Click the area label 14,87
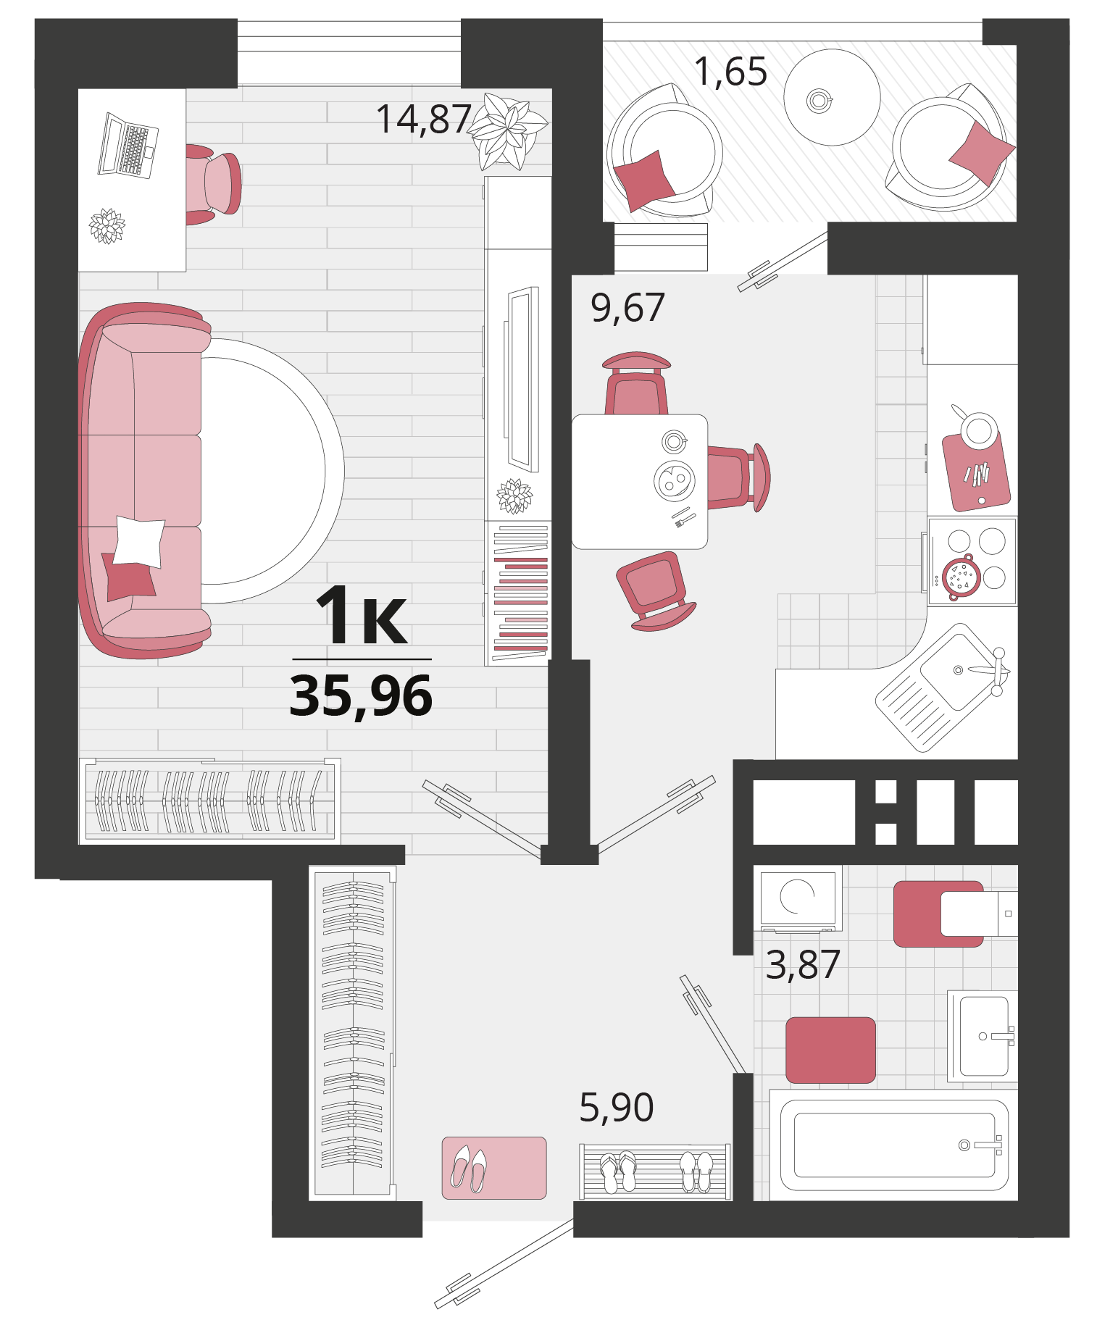(424, 119)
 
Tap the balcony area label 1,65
(730, 71)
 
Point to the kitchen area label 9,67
(627, 307)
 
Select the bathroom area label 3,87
(803, 964)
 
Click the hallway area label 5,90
(617, 1107)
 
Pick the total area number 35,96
(361, 695)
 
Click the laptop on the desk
(128, 146)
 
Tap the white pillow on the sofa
(139, 541)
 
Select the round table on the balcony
(832, 97)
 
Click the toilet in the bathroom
(956, 914)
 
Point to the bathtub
(894, 1145)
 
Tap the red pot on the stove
(960, 577)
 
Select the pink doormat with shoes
(494, 1168)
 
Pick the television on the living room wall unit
(523, 380)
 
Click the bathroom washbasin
(983, 1037)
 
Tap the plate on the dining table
(675, 480)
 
